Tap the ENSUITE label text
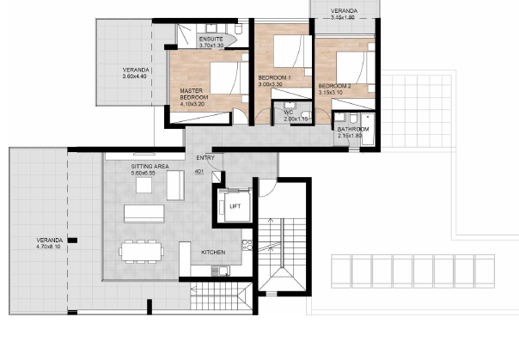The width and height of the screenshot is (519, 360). point(211,40)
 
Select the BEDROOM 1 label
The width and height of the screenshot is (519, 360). point(276,78)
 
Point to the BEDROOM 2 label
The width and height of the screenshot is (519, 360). point(334,87)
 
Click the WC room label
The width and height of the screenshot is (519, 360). point(289,112)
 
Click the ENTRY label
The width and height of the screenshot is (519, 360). point(205,157)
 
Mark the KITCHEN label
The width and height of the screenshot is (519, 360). point(213,253)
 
